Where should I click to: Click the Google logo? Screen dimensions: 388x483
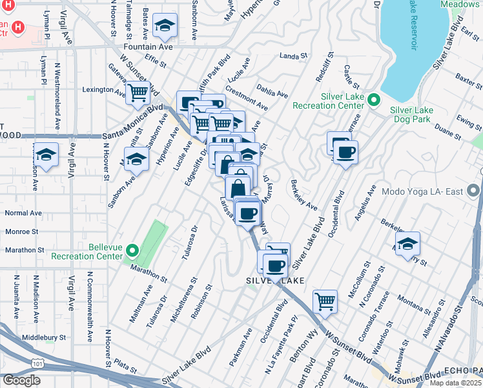pyautogui.click(x=21, y=380)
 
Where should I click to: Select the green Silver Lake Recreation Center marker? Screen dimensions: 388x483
pyautogui.click(x=373, y=100)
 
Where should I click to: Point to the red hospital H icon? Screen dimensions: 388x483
pyautogui.click(x=18, y=28)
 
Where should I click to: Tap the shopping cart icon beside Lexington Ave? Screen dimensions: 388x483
pyautogui.click(x=138, y=94)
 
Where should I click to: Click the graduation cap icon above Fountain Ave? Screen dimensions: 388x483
pyautogui.click(x=166, y=26)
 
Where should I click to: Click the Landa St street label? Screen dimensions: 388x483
pyautogui.click(x=293, y=57)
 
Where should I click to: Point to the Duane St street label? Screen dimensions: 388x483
pyautogui.click(x=448, y=132)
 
